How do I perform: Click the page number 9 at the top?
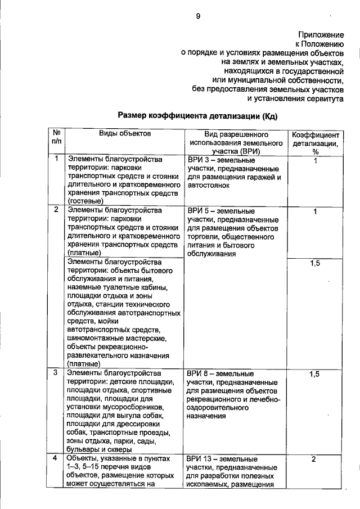click(x=197, y=16)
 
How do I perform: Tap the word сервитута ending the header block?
click(x=321, y=98)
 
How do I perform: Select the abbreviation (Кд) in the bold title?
click(x=266, y=116)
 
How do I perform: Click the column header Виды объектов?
click(x=125, y=134)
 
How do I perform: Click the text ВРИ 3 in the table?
click(x=197, y=160)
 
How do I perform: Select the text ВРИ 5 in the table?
click(x=197, y=211)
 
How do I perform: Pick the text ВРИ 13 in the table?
click(x=200, y=460)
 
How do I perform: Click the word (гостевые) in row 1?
click(x=85, y=201)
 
